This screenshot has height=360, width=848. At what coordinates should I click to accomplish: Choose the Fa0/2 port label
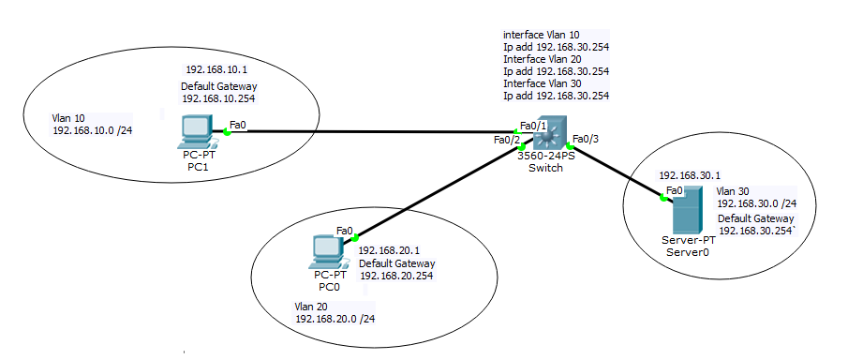(x=506, y=141)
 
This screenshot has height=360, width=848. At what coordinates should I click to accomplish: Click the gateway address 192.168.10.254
(x=218, y=97)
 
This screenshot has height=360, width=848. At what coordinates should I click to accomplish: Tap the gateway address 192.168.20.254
(x=396, y=276)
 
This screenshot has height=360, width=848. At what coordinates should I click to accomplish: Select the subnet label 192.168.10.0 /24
(x=93, y=130)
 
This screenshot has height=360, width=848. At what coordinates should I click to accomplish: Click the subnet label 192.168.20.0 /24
(x=335, y=319)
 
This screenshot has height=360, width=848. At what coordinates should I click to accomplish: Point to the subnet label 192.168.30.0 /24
(x=756, y=202)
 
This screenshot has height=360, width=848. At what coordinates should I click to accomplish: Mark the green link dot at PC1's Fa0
(x=227, y=132)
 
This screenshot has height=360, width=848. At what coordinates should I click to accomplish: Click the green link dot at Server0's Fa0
(x=666, y=198)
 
